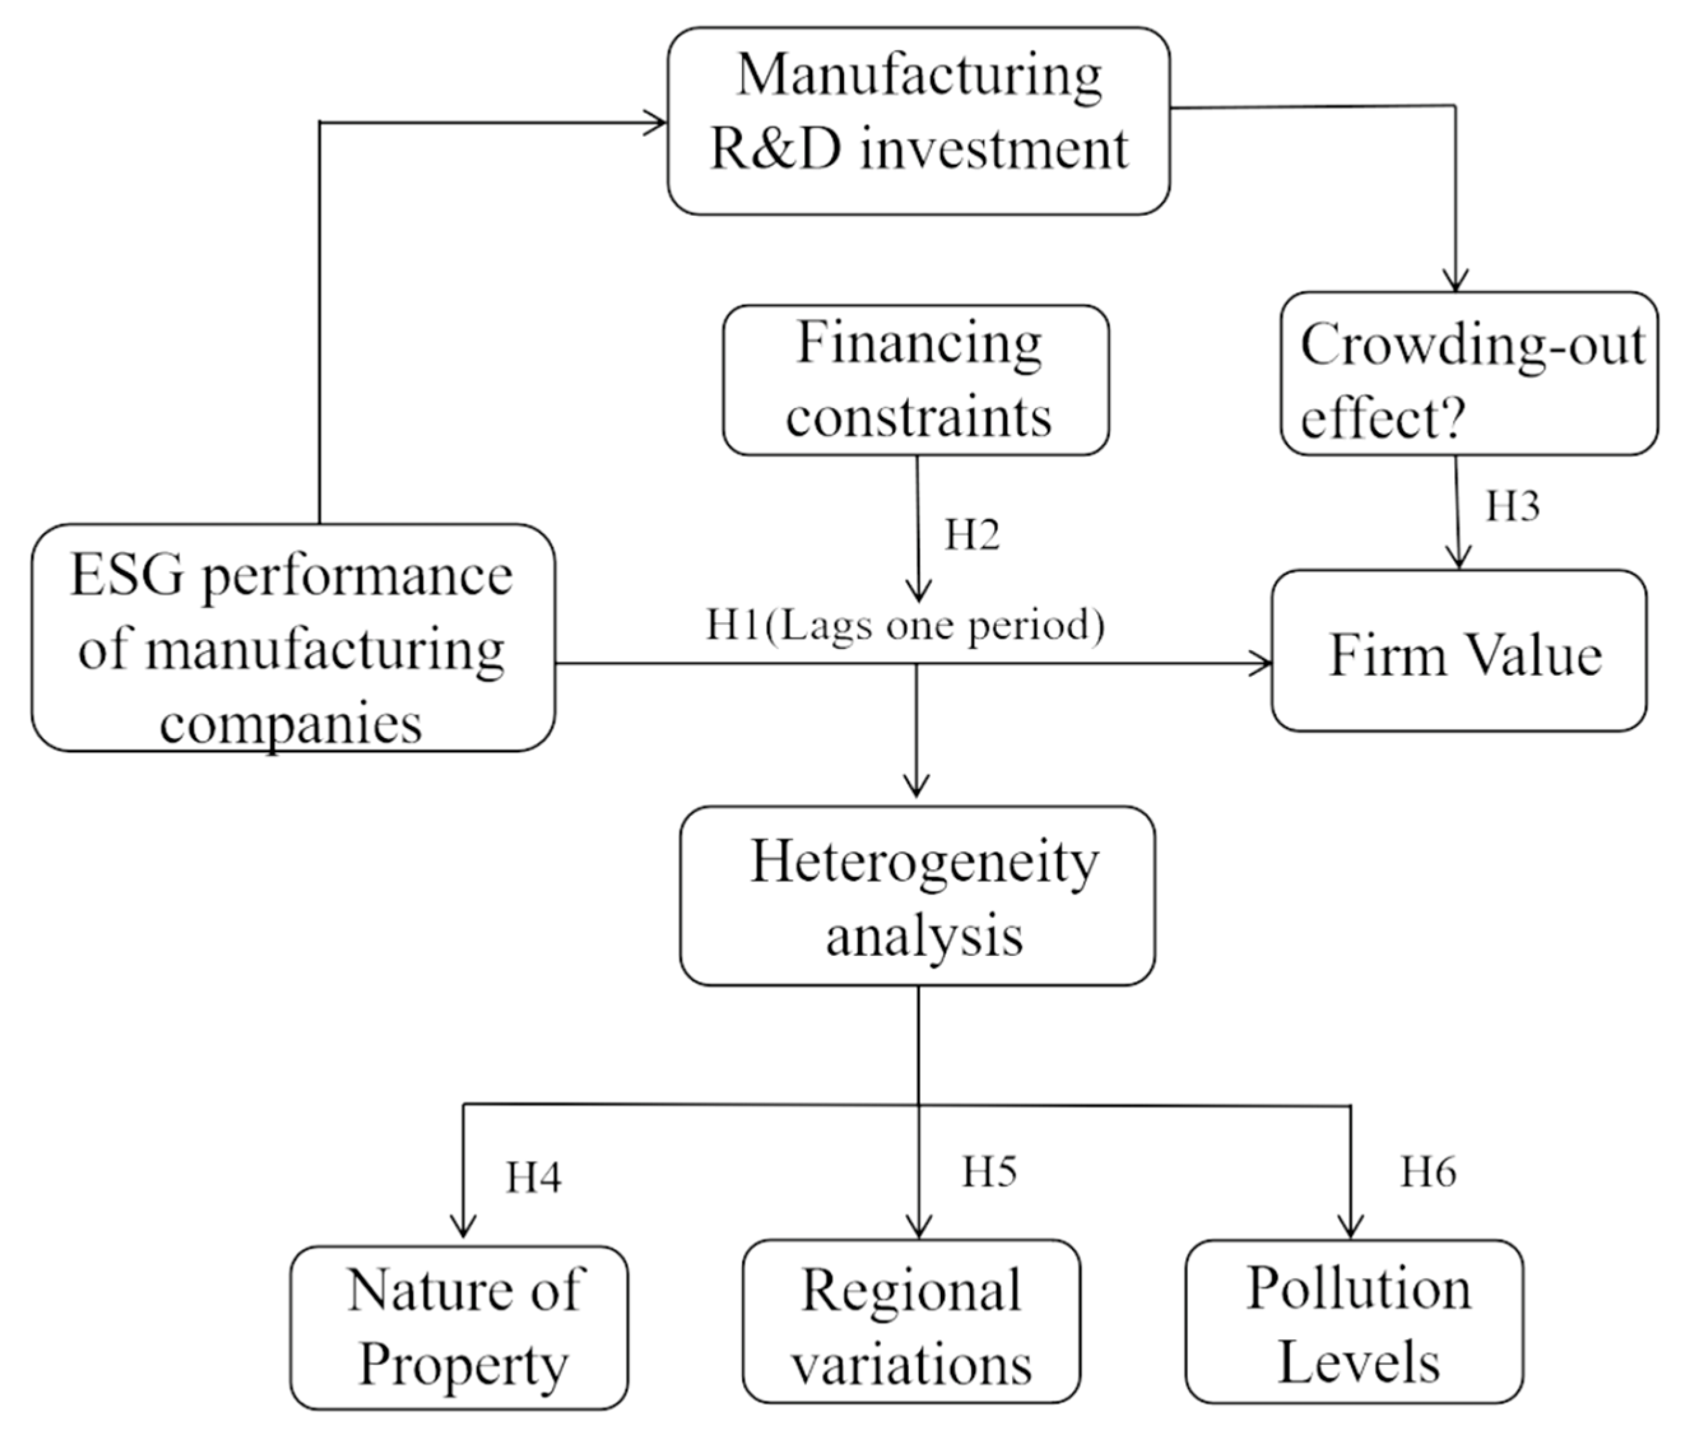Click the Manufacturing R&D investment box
point(918,120)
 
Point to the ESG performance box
point(293,637)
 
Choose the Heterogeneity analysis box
point(917,896)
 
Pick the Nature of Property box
point(459,1328)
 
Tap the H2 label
point(971,535)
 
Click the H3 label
point(1512,506)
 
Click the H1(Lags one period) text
point(904,626)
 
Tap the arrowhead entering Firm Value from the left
point(1262,664)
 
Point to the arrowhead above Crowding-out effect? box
point(1455,280)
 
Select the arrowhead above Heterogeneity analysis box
point(917,787)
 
